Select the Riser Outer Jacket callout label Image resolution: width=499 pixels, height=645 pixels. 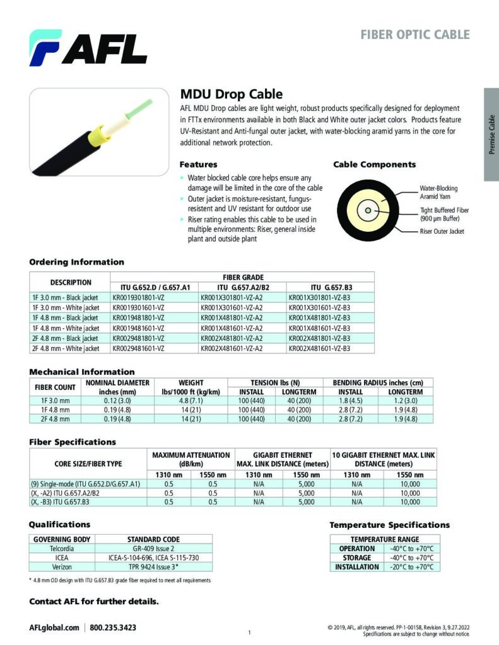(442, 232)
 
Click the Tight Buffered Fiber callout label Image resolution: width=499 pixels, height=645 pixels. (444, 214)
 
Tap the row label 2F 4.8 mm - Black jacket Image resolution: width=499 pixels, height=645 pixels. (66, 338)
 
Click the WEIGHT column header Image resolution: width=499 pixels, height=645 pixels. (191, 382)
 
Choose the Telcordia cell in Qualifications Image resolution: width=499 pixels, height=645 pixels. (61, 549)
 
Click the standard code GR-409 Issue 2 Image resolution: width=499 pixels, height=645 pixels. (153, 549)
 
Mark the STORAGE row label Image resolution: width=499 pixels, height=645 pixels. (356, 558)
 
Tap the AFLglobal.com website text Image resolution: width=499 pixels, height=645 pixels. (54, 628)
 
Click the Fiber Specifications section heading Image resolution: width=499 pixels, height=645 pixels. (73, 442)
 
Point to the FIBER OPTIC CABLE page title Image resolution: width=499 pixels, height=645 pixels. (414, 34)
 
